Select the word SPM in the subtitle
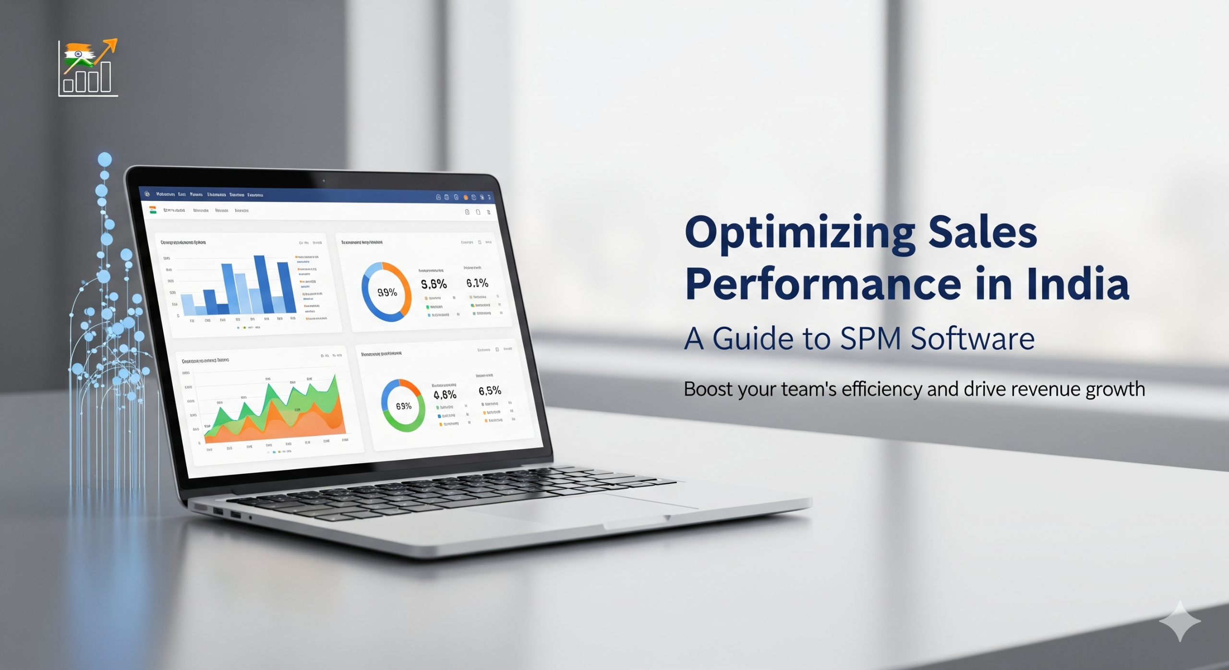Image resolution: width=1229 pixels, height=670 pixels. [x=870, y=339]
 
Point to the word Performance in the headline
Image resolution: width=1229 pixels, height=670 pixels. [x=823, y=285]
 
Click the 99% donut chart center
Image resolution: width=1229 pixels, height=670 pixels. [x=387, y=292]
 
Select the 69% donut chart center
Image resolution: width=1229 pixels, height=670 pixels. [x=403, y=406]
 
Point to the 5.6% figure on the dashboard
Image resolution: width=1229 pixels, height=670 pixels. [x=434, y=285]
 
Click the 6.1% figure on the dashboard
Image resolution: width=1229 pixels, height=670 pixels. [x=477, y=283]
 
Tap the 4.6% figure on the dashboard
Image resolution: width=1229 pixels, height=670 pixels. [x=445, y=395]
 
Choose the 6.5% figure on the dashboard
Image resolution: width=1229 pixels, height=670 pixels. [x=490, y=391]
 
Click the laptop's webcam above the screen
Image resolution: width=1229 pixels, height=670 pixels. [x=324, y=181]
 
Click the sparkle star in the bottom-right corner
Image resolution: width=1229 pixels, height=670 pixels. [x=1180, y=621]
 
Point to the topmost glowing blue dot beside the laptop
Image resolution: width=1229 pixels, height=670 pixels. [x=105, y=159]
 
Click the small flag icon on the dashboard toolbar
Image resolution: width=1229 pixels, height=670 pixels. [x=153, y=210]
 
